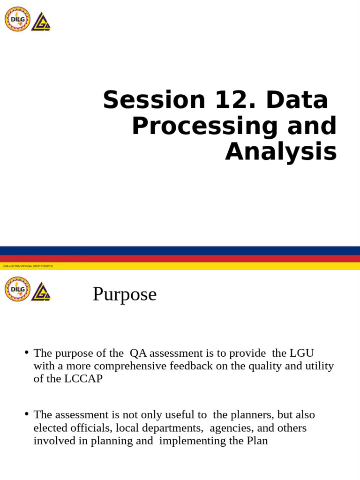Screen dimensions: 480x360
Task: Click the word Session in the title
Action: coord(154,100)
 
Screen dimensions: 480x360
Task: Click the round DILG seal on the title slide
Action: coord(17,19)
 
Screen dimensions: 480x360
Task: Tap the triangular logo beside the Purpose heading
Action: coord(41,291)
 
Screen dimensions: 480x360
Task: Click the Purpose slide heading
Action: coord(124,294)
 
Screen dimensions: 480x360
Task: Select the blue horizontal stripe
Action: coord(180,250)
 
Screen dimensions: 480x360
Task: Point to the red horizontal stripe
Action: coord(180,258)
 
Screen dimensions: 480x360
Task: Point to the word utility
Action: coord(319,366)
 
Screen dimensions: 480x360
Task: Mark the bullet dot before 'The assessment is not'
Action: coord(27,414)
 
